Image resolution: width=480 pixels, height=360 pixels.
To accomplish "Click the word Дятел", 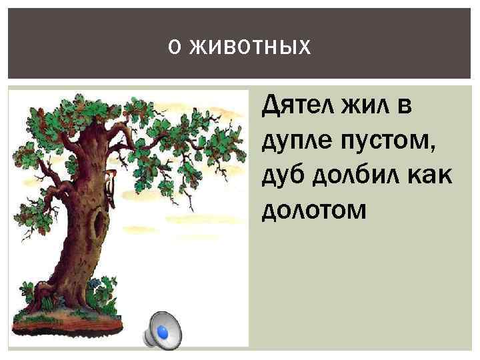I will point(299,105).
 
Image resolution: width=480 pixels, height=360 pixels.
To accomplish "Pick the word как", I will point(425,176).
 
